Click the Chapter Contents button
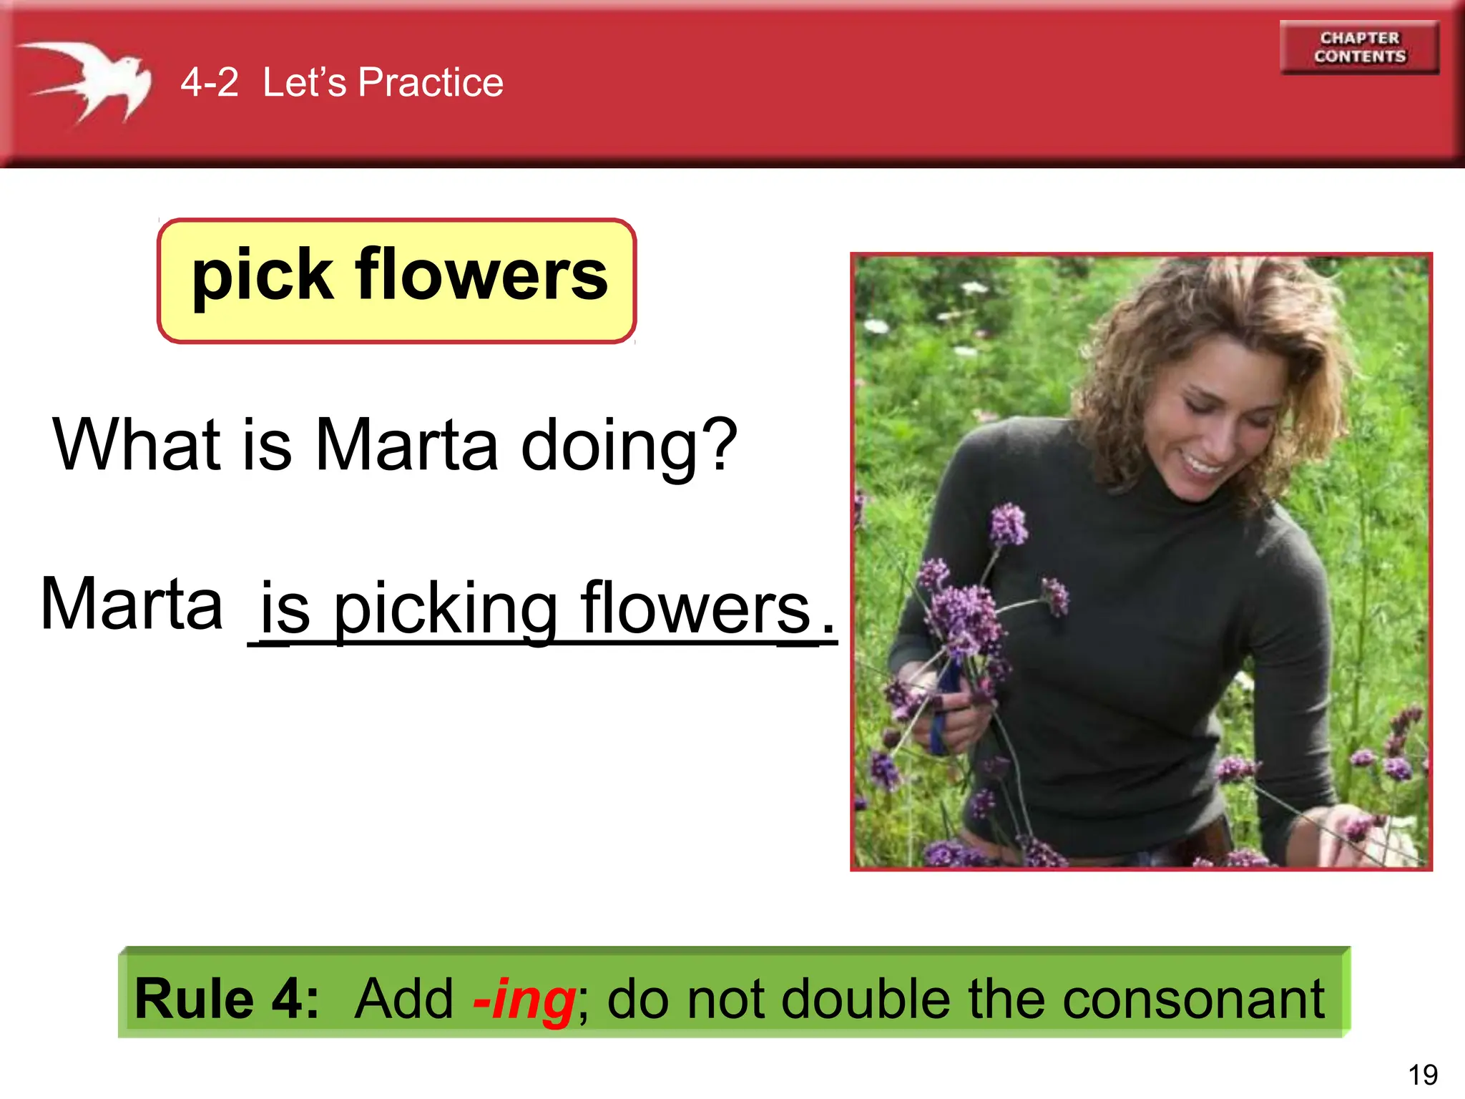pyautogui.click(x=1359, y=47)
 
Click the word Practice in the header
pyautogui.click(x=431, y=82)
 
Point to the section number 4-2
pyautogui.click(x=209, y=82)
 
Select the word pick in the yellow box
pyautogui.click(x=262, y=276)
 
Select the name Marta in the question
pyautogui.click(x=406, y=445)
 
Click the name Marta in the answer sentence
pyautogui.click(x=132, y=605)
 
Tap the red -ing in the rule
pyautogui.click(x=524, y=999)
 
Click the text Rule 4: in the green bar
pyautogui.click(x=226, y=999)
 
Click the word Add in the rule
pyautogui.click(x=404, y=999)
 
